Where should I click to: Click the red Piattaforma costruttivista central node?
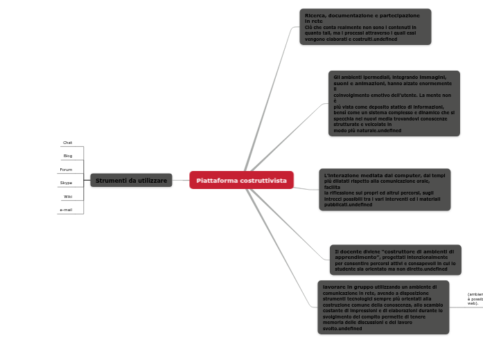pyautogui.click(x=241, y=180)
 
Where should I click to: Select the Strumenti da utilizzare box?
pyautogui.click(x=131, y=181)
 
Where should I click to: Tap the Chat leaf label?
pyautogui.click(x=67, y=143)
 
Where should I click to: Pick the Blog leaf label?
pyautogui.click(x=68, y=156)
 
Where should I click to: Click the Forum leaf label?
pyautogui.click(x=66, y=170)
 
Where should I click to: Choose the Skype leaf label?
pyautogui.click(x=66, y=183)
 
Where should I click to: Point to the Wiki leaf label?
pyautogui.click(x=68, y=197)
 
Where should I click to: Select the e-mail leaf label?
pyautogui.click(x=66, y=210)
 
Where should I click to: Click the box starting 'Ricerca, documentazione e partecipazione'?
pyautogui.click(x=365, y=27)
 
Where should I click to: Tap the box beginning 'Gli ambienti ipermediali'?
pyautogui.click(x=394, y=103)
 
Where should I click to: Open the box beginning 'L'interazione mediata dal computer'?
pyautogui.click(x=385, y=190)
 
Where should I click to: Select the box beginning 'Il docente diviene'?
pyautogui.click(x=395, y=260)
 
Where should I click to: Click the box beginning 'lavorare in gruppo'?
pyautogui.click(x=383, y=307)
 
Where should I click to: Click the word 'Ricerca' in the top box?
pyautogui.click(x=316, y=15)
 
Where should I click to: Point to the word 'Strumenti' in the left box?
pyautogui.click(x=110, y=181)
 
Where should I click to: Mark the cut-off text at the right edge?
pyautogui.click(x=475, y=298)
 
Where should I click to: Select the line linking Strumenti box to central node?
pyautogui.click(x=181, y=180)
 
